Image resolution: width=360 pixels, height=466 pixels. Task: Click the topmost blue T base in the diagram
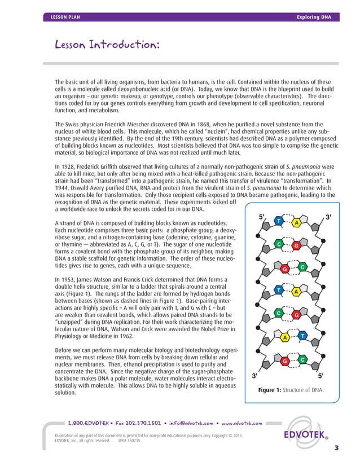coord(278,221)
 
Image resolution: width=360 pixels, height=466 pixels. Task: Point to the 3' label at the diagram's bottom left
coord(256,375)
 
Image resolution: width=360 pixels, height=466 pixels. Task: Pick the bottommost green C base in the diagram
coord(302,359)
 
